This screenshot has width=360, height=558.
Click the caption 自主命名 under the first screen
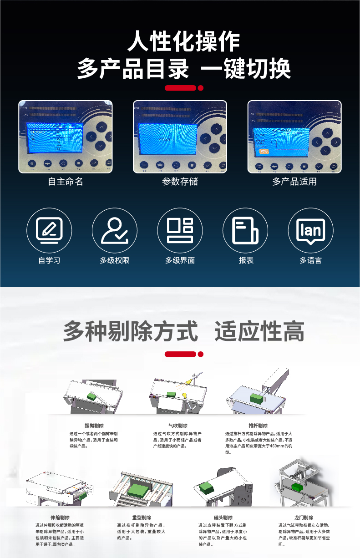tap(66, 182)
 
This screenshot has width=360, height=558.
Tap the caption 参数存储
tap(180, 182)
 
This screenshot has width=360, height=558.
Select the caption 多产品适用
tap(294, 182)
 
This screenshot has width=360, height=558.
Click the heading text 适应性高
tap(259, 331)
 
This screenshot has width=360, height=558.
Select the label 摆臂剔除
tap(94, 426)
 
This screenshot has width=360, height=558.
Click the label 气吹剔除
tap(177, 426)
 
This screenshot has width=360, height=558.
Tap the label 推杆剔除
tap(258, 426)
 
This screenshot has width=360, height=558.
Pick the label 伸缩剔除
tap(60, 517)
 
